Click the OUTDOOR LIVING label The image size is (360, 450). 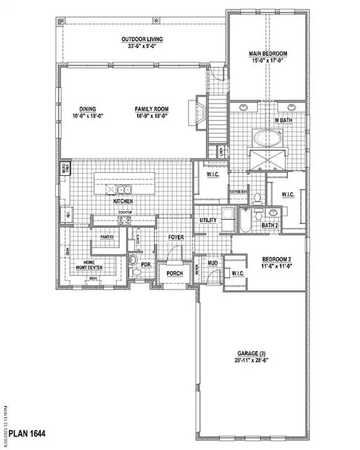142,40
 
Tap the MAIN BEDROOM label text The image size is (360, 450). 268,54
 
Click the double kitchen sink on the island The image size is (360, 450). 124,190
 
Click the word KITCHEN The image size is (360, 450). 122,202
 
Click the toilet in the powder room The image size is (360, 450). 134,260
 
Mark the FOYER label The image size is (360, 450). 175,238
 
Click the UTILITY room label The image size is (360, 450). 208,221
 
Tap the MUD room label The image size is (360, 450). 212,263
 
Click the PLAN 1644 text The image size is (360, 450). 25,432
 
